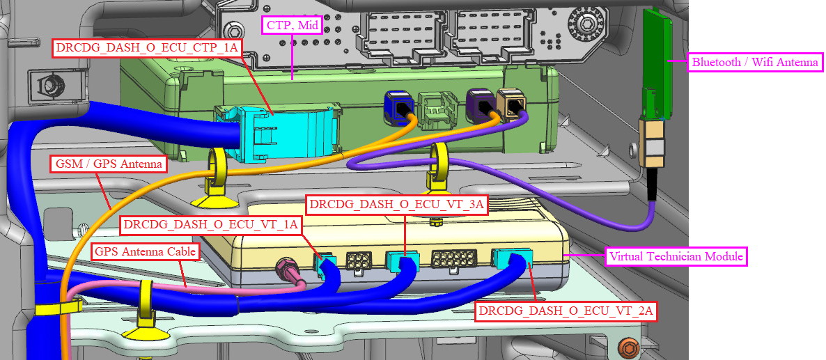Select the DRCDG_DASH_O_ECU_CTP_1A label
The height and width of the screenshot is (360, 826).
coord(148,48)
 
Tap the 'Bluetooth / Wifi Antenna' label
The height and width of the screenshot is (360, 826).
coord(754,62)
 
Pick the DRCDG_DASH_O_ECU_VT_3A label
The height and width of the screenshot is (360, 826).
coord(397,205)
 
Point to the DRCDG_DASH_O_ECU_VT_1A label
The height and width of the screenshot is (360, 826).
coord(211,224)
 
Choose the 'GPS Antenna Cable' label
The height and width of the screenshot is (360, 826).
coord(146,251)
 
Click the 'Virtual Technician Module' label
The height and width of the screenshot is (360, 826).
coord(676,256)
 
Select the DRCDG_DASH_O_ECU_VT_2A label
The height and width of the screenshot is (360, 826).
coord(566,311)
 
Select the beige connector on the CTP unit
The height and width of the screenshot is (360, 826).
coord(513,106)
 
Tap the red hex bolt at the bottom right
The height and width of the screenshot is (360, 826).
coord(629,346)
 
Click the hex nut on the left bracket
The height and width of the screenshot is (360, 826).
coord(50,85)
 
